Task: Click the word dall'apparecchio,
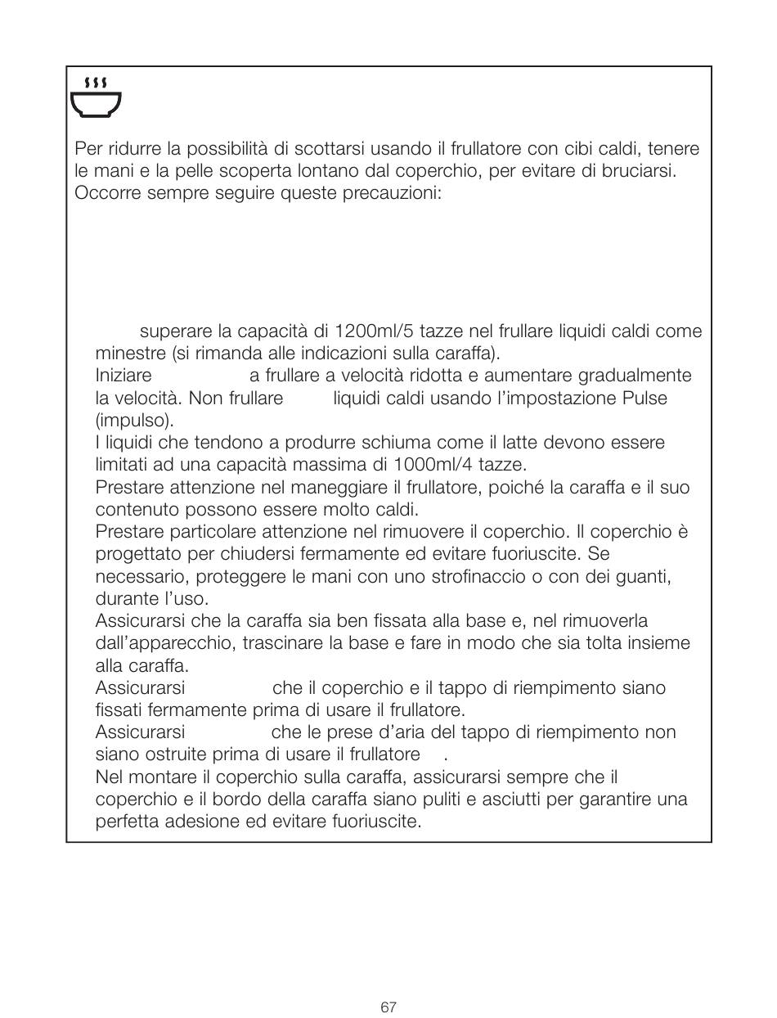click(x=167, y=643)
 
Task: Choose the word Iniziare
click(x=124, y=376)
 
